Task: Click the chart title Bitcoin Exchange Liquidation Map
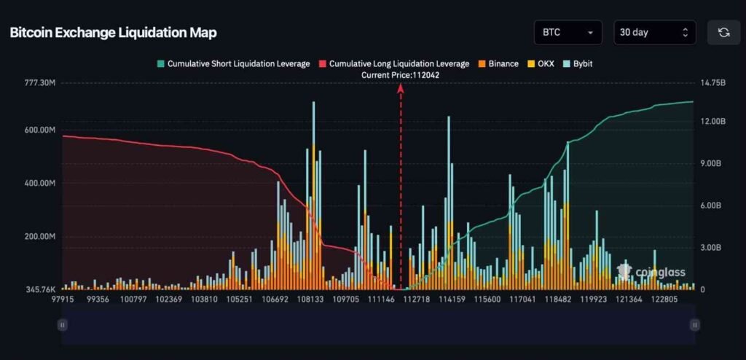(x=113, y=33)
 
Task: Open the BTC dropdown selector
(x=568, y=33)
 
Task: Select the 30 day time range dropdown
(x=654, y=33)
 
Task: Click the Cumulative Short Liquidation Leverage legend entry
(x=233, y=64)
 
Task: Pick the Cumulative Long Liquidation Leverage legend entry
(x=393, y=64)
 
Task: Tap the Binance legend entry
(x=498, y=64)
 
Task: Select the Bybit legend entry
(x=577, y=64)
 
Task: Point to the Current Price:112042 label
(x=400, y=75)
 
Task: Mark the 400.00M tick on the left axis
(x=40, y=184)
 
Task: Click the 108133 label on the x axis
(x=310, y=300)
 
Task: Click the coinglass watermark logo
(x=651, y=273)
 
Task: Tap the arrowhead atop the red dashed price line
(x=400, y=88)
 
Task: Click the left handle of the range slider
(x=63, y=325)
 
